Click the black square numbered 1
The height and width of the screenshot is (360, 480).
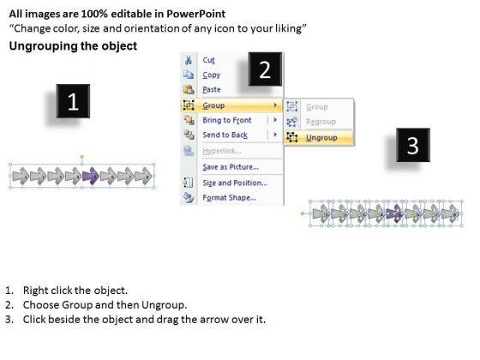(x=73, y=101)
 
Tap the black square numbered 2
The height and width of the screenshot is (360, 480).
(x=265, y=69)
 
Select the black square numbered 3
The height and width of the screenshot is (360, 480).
(x=413, y=145)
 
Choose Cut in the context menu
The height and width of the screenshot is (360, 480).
(x=208, y=60)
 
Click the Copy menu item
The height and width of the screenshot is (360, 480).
(x=211, y=75)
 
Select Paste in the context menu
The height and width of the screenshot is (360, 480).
(x=212, y=89)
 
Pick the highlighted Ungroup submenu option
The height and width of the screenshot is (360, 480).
(x=321, y=138)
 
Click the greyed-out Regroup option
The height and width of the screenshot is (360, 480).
(x=321, y=122)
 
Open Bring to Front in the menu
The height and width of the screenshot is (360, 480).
(x=227, y=120)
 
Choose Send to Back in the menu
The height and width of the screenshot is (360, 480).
(x=225, y=135)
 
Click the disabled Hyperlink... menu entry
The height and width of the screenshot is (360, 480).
(x=222, y=151)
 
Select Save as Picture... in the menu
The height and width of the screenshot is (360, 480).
(x=231, y=167)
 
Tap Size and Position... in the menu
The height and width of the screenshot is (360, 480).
(x=235, y=183)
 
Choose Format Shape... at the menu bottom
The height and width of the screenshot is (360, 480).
(x=230, y=197)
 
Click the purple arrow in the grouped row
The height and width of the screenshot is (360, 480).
(x=91, y=176)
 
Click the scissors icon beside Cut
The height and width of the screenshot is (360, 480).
(x=189, y=60)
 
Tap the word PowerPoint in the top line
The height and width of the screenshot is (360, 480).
(x=196, y=14)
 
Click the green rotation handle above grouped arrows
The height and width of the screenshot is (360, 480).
(x=82, y=157)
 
